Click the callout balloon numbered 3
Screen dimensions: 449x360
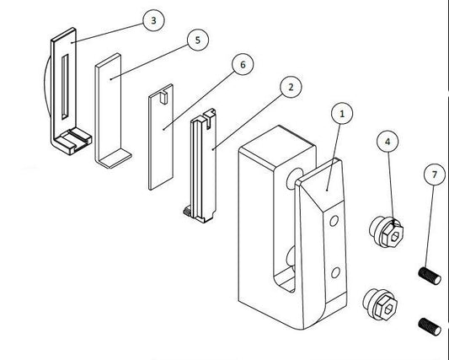[153, 20]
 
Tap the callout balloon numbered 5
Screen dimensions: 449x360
[198, 40]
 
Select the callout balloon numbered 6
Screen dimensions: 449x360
[243, 64]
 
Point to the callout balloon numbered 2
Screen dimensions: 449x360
[291, 87]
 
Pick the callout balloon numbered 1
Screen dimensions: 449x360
[342, 114]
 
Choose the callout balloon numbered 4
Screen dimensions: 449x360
[388, 142]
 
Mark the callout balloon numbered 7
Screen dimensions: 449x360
[435, 175]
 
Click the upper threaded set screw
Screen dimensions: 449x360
[430, 276]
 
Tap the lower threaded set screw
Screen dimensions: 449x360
[430, 327]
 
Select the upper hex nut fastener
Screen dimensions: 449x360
[387, 232]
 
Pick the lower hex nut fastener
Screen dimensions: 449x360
[380, 304]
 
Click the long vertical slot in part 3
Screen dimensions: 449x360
[65, 87]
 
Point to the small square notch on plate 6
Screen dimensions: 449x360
[163, 97]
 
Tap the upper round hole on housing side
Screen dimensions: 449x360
[334, 221]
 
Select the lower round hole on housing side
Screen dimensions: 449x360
[335, 272]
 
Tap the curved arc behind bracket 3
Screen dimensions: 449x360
[47, 86]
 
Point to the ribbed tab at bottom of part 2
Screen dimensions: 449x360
[188, 211]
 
